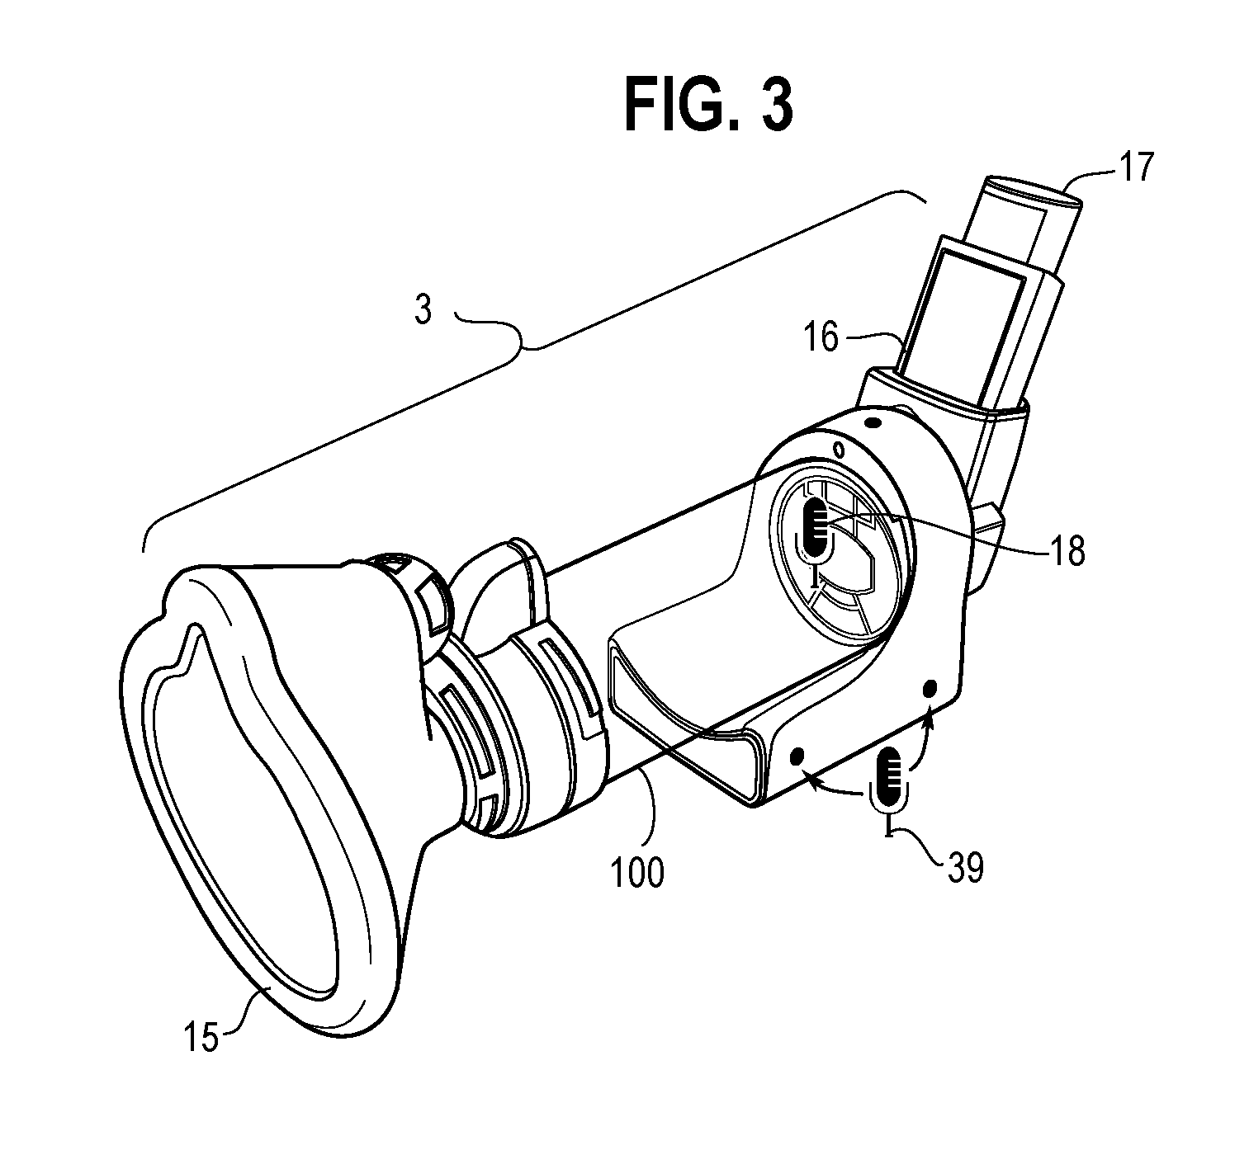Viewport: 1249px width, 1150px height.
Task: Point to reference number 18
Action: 1067,550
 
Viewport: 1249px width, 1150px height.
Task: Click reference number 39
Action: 966,867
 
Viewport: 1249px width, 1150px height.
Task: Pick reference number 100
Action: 637,872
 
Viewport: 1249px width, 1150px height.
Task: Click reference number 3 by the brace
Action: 423,309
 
